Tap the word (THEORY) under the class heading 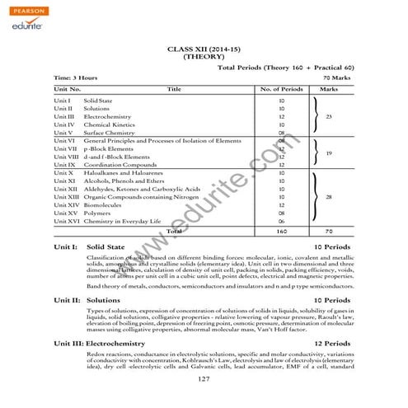[x=204, y=58]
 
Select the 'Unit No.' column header [x=67, y=87]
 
